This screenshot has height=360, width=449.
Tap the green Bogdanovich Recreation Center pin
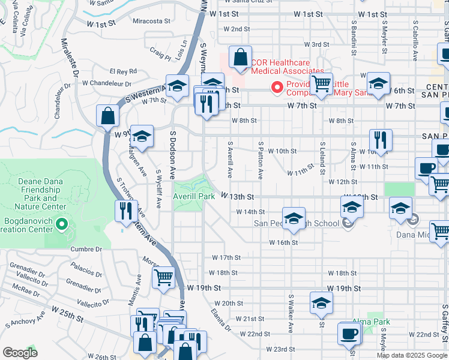point(61,225)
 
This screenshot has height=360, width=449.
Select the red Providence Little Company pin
point(277,88)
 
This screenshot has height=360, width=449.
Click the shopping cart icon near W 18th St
point(163,278)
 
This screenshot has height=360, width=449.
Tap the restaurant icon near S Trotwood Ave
point(125,211)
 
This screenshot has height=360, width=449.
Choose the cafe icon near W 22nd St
point(349,334)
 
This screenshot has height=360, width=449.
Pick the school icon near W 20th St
point(321,303)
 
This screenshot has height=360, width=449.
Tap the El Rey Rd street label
point(124,70)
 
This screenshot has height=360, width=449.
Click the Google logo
point(20,353)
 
